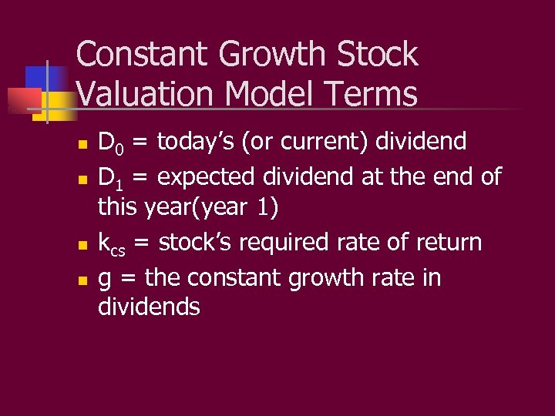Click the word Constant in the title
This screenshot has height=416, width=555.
(x=143, y=55)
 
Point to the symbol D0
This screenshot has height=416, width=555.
(x=110, y=143)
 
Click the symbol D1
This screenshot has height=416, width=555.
(x=110, y=176)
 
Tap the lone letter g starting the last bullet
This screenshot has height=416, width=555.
(x=105, y=279)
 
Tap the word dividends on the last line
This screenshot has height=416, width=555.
(x=149, y=307)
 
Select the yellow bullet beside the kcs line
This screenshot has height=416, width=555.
(x=81, y=245)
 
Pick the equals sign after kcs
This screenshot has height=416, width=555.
(x=142, y=243)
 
